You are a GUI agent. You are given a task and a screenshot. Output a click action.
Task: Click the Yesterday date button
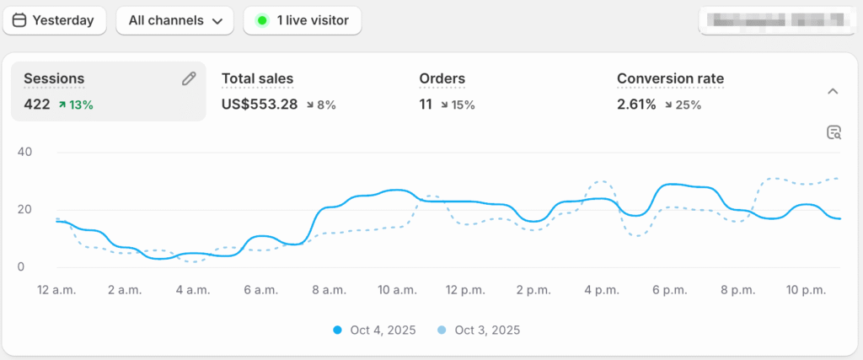pos(54,20)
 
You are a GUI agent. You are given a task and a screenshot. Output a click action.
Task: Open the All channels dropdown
pos(174,20)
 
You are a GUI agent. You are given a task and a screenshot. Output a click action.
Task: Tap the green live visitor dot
pos(263,20)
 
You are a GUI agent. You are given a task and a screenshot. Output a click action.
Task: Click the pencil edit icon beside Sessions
pos(189,78)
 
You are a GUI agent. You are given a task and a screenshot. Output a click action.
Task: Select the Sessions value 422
pos(37,105)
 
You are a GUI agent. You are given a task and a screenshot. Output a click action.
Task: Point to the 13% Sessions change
pos(76,105)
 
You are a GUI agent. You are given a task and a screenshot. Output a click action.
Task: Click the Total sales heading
pos(257,78)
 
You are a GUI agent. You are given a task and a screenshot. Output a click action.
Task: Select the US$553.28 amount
pos(260,105)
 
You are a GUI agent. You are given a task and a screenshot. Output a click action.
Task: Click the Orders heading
pos(442,78)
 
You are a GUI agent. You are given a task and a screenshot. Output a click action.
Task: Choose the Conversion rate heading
pos(670,78)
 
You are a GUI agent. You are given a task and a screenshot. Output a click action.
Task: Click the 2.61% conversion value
pos(636,105)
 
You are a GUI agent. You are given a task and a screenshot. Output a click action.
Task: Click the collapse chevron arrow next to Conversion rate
pos(832,91)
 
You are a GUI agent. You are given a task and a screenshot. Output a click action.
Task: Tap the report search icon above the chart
pos(834,132)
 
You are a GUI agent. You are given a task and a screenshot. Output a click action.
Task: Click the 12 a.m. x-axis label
pos(56,290)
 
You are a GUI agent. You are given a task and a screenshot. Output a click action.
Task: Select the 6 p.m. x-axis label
pos(669,290)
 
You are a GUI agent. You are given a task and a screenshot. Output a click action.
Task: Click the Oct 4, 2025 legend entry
pos(375,330)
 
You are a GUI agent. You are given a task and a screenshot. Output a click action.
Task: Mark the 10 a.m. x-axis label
pos(396,290)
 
